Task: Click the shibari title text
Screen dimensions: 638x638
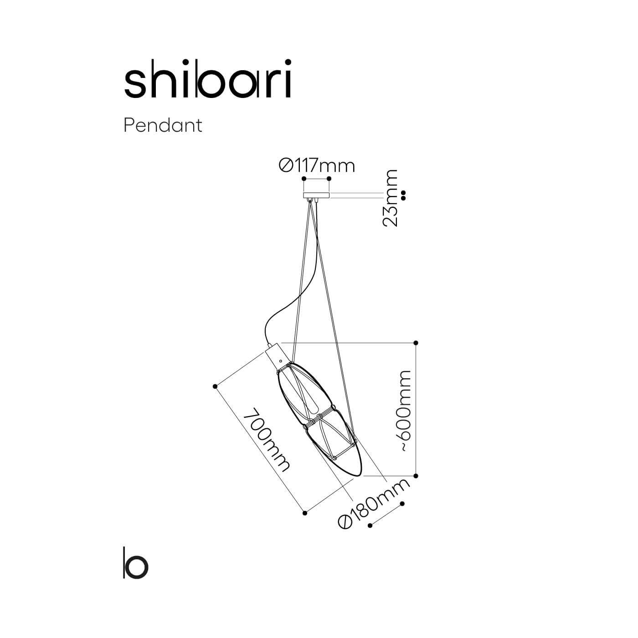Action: tap(208, 79)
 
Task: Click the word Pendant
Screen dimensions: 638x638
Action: tap(163, 126)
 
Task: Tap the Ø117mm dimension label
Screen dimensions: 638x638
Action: tap(317, 166)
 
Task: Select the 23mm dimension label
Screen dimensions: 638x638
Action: tap(390, 198)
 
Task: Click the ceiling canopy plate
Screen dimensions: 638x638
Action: tap(316, 195)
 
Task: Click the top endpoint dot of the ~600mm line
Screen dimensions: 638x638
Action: tap(416, 343)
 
